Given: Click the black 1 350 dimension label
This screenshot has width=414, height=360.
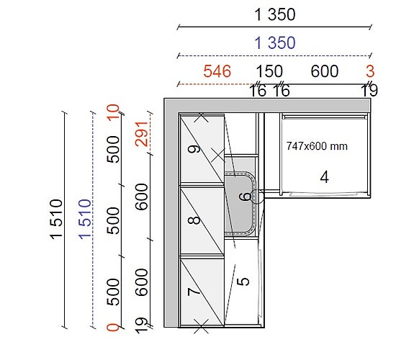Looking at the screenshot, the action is point(275,14).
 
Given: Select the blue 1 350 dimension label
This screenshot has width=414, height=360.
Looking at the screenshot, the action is point(275,42).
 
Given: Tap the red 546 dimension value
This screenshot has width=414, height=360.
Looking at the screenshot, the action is point(217,71).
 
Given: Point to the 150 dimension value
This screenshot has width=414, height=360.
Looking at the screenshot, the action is point(269,71).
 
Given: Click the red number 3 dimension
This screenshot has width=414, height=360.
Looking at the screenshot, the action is point(370,71).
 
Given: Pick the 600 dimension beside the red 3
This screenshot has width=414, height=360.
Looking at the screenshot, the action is point(325,71).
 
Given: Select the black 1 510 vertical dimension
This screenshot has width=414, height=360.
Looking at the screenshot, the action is point(56,220).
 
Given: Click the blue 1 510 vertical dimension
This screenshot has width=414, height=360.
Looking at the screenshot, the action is point(85,220).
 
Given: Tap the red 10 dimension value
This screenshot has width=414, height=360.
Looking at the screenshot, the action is point(113,112).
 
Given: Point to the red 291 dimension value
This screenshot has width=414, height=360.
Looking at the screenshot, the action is point(141,134).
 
